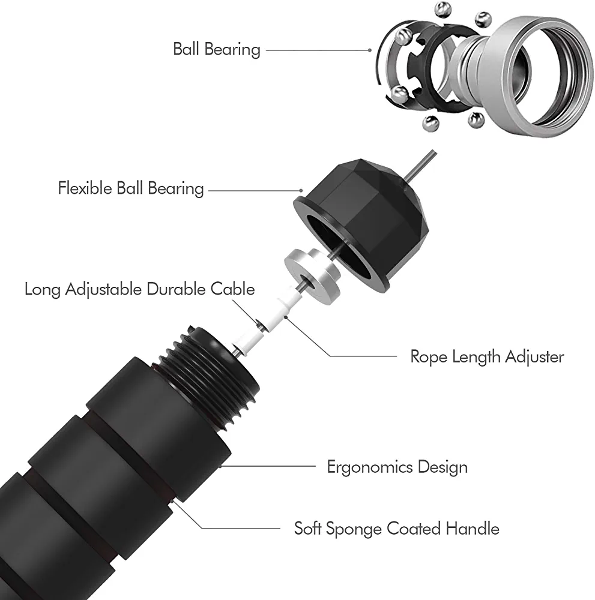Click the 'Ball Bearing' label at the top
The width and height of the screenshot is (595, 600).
point(217,49)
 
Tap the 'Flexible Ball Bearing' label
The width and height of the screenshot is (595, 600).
point(131,188)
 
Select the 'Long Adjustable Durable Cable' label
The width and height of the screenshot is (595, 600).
point(139,289)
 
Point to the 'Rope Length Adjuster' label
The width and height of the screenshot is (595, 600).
point(487,357)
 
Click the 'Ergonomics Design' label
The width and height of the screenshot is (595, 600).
point(397,466)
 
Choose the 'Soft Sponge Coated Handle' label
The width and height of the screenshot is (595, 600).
point(396,529)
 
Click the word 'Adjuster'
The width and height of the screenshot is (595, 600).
point(534,357)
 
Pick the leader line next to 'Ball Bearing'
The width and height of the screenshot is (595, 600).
point(315,50)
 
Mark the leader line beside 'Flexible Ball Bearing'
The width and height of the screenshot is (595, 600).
point(252,191)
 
